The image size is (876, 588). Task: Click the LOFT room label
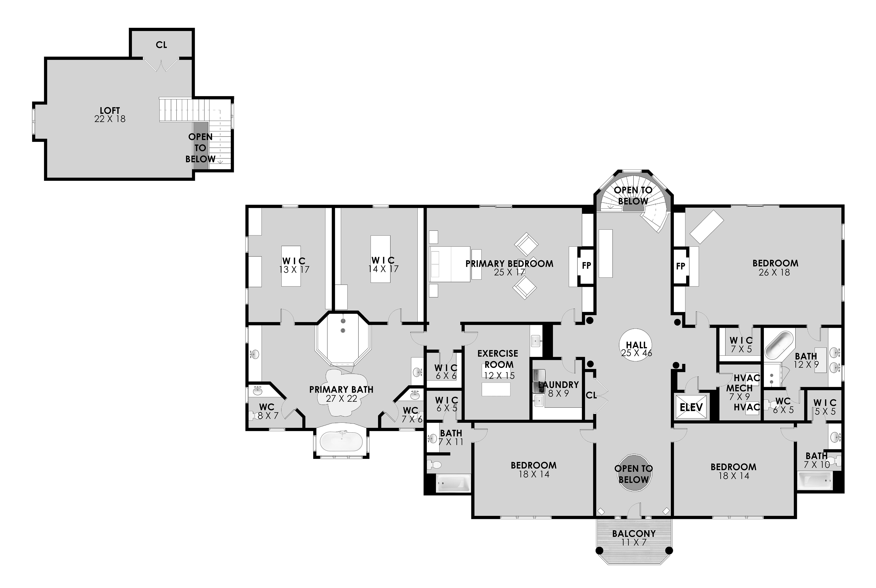[110, 111]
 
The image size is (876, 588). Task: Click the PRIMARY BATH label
[341, 390]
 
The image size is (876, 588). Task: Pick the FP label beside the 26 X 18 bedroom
[680, 266]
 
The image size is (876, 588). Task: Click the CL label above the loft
[161, 45]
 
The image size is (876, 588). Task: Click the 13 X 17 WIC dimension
[294, 270]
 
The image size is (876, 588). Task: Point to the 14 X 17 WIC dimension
[383, 269]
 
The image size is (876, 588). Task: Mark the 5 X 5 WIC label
[825, 407]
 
